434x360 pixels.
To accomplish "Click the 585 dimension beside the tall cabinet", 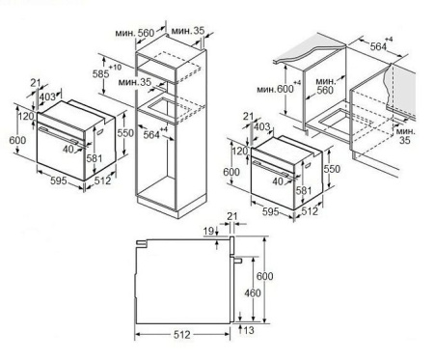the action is (x=100, y=74).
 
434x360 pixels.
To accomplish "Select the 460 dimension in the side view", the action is (x=253, y=293).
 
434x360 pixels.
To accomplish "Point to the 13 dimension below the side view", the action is (x=249, y=330).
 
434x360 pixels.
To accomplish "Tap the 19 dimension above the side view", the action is (x=208, y=231).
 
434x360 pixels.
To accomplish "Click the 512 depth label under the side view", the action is (x=182, y=335).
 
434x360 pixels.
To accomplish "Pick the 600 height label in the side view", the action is (x=265, y=276).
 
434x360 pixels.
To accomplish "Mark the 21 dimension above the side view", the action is (x=232, y=216).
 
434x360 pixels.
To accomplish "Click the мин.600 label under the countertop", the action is (x=275, y=89).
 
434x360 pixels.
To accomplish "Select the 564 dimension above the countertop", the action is (x=378, y=46).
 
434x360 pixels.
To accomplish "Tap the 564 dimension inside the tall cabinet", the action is (x=151, y=135).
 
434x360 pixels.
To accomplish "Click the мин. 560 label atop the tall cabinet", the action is (x=135, y=33).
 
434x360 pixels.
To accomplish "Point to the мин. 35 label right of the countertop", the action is (x=405, y=135).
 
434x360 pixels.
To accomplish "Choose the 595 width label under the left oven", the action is (x=59, y=180).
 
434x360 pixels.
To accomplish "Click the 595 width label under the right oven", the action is (x=271, y=211).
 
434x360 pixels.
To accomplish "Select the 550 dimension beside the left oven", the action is (x=125, y=132).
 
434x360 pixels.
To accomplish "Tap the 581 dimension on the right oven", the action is (x=304, y=190).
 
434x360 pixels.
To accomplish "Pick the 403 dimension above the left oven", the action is (x=47, y=97).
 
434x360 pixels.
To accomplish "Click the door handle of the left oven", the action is (x=59, y=134).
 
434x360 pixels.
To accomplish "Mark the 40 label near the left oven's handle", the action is (x=68, y=149).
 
